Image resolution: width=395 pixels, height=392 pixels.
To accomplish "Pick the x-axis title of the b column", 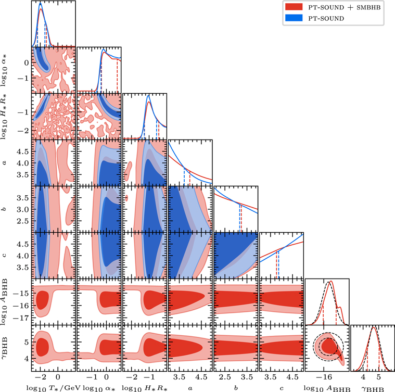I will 236,386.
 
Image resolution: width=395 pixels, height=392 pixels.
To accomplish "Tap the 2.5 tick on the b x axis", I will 225,375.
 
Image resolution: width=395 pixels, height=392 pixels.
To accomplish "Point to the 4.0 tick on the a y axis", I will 22,163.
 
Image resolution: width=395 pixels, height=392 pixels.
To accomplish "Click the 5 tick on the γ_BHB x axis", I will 378,375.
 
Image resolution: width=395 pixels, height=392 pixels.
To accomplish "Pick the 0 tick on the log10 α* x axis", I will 107,375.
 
